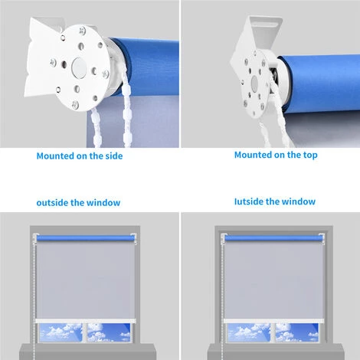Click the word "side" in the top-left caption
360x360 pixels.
[114, 156]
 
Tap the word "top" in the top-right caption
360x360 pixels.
[310, 155]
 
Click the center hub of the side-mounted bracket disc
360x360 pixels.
[79, 67]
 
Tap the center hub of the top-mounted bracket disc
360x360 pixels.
[254, 83]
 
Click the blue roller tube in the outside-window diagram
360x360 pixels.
[86, 238]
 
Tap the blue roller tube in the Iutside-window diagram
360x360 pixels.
[273, 238]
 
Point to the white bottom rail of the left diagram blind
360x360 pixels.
[86, 321]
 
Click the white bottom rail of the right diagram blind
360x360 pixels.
[273, 321]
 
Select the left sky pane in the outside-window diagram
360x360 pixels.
[61, 332]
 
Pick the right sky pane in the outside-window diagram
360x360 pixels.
[109, 332]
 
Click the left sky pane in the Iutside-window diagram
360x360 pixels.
[248, 332]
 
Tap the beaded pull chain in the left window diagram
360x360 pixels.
[34, 297]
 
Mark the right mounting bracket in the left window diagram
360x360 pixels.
[135, 239]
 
